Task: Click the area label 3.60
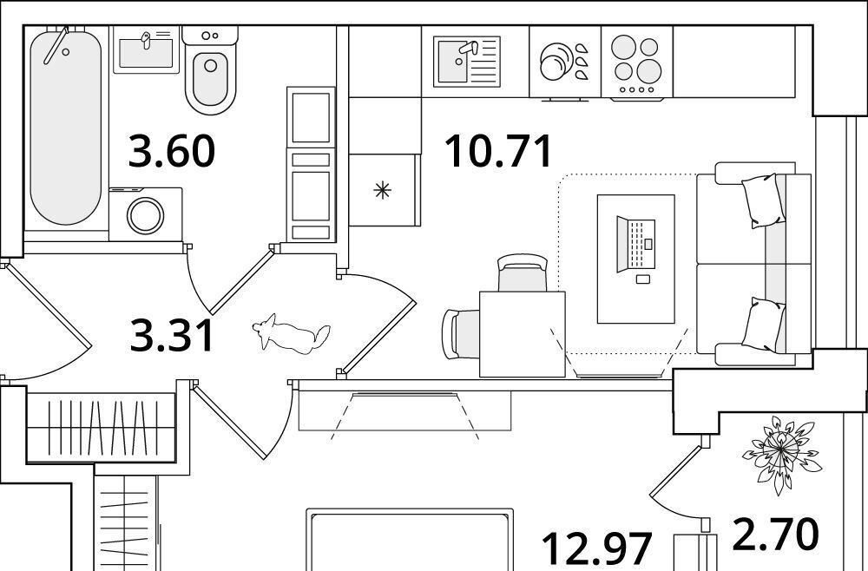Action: pos(172,151)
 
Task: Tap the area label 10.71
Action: pos(498,151)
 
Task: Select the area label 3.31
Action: pos(172,336)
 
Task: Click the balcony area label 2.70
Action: pos(775,535)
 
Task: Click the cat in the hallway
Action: pos(291,334)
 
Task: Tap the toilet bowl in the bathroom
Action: pos(210,71)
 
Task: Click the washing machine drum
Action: pos(146,215)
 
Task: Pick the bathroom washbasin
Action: pos(146,49)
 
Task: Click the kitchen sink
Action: pos(467,62)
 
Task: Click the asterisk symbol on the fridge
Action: pos(382,191)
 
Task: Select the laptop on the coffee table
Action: pos(636,245)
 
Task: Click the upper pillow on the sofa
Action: pos(763,200)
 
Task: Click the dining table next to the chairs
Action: pos(522,334)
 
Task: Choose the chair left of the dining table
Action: pos(461,334)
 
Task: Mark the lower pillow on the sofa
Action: pos(763,325)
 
